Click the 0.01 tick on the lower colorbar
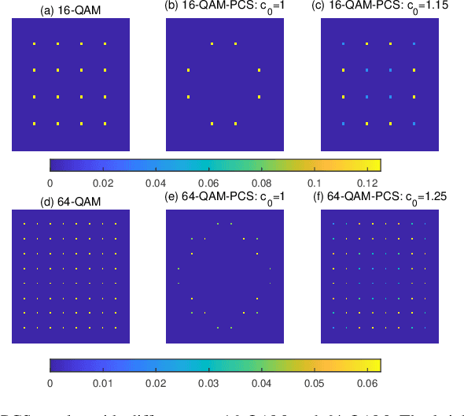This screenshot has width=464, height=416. (102, 383)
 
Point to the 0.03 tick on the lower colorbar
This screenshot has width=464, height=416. (208, 383)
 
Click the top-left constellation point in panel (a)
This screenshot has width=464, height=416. (34, 44)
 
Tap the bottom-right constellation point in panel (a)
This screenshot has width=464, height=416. (105, 124)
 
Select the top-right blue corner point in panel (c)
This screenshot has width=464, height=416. (414, 44)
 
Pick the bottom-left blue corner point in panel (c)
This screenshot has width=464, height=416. (344, 124)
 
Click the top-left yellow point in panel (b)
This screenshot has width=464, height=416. (212, 44)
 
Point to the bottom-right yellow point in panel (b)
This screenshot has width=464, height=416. (236, 124)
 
